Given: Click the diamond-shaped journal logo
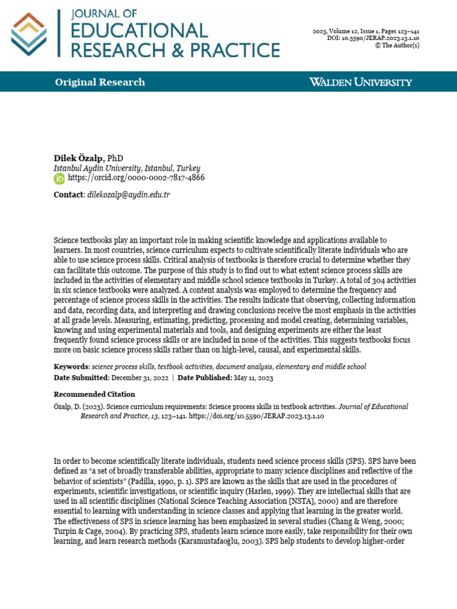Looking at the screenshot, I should pos(29,34).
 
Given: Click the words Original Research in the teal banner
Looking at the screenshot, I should pos(100,82).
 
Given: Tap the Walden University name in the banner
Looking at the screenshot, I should pos(361,82).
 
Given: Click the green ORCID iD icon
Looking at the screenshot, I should pos(60,178).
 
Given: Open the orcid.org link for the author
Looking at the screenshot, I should pos(136,178).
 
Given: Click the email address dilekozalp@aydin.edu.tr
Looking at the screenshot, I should pos(129,194).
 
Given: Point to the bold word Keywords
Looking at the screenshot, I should pos(71,366).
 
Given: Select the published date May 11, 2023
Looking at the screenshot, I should pos(252,377).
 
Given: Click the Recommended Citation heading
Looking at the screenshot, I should pos(95,394).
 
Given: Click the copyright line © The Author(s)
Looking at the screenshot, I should pos(397,45).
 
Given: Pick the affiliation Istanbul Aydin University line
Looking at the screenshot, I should pos(127,168).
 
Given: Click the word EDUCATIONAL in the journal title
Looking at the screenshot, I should pos(139,31).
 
